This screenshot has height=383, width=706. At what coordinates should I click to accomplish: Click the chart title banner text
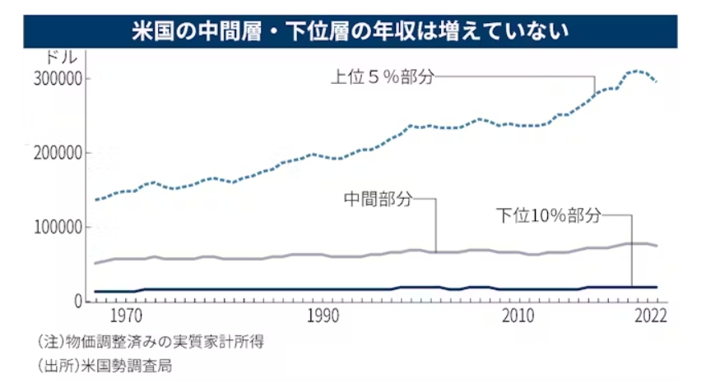(352, 31)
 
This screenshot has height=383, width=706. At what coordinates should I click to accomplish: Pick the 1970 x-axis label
(125, 316)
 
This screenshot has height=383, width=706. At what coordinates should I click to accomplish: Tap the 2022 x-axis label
(647, 316)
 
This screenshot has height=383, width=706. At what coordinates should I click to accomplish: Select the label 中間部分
(376, 199)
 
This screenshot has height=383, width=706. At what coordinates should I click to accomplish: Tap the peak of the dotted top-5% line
(636, 72)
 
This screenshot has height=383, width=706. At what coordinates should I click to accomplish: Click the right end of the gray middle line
(657, 246)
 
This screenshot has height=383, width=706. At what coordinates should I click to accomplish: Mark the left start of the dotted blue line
(96, 200)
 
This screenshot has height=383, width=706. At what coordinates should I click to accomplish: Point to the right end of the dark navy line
(657, 287)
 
